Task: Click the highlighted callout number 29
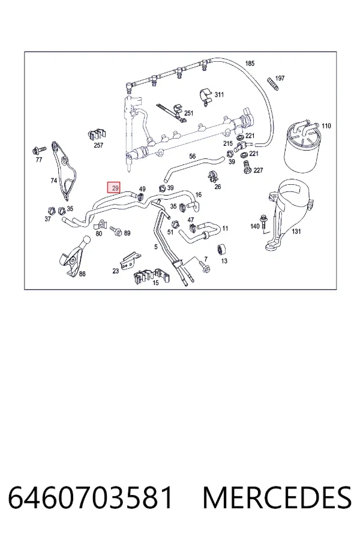point(113,188)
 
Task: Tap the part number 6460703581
point(90,497)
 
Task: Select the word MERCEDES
point(277,497)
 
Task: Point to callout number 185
point(250,64)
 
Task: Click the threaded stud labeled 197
point(272,85)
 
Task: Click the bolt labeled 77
point(38,150)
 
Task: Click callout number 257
point(98,145)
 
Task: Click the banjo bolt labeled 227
point(247,166)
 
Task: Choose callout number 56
point(192,157)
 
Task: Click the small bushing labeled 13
point(220,249)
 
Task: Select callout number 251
point(189,113)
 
